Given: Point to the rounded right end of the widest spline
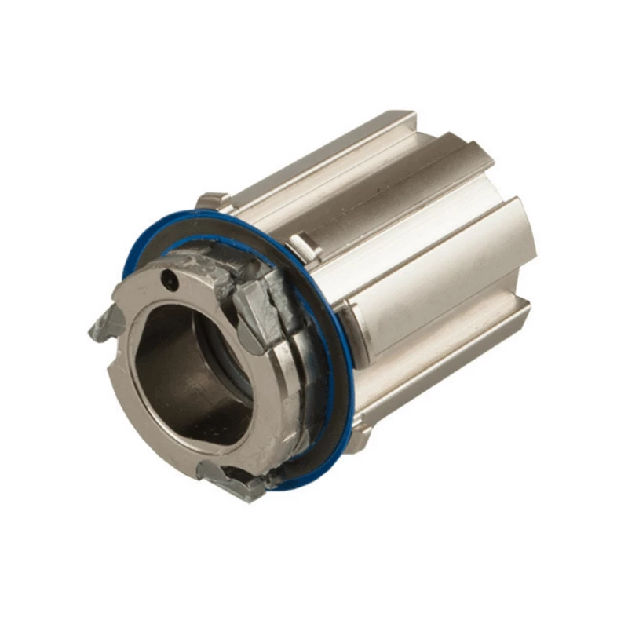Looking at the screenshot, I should tap(522, 235).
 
